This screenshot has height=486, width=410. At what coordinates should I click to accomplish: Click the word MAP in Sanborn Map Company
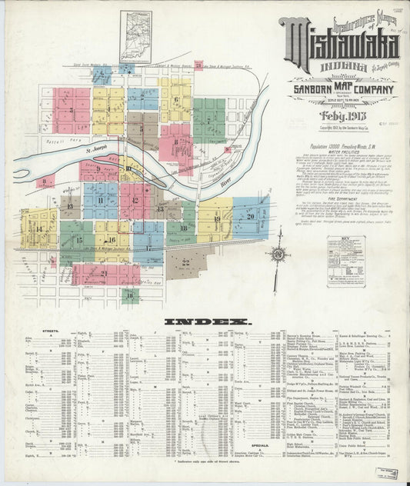coord(339,90)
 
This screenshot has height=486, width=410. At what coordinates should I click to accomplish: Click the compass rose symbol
coord(276,255)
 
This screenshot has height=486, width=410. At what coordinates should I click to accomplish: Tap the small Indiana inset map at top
coord(135,35)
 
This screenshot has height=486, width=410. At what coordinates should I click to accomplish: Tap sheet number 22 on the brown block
coord(185,263)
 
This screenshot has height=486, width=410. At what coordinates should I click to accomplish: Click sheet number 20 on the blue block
coord(250,216)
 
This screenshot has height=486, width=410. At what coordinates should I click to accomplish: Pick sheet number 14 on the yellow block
coord(38,228)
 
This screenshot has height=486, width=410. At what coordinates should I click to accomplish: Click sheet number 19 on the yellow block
coord(217,219)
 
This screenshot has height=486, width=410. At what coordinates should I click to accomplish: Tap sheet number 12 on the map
coord(135,201)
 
